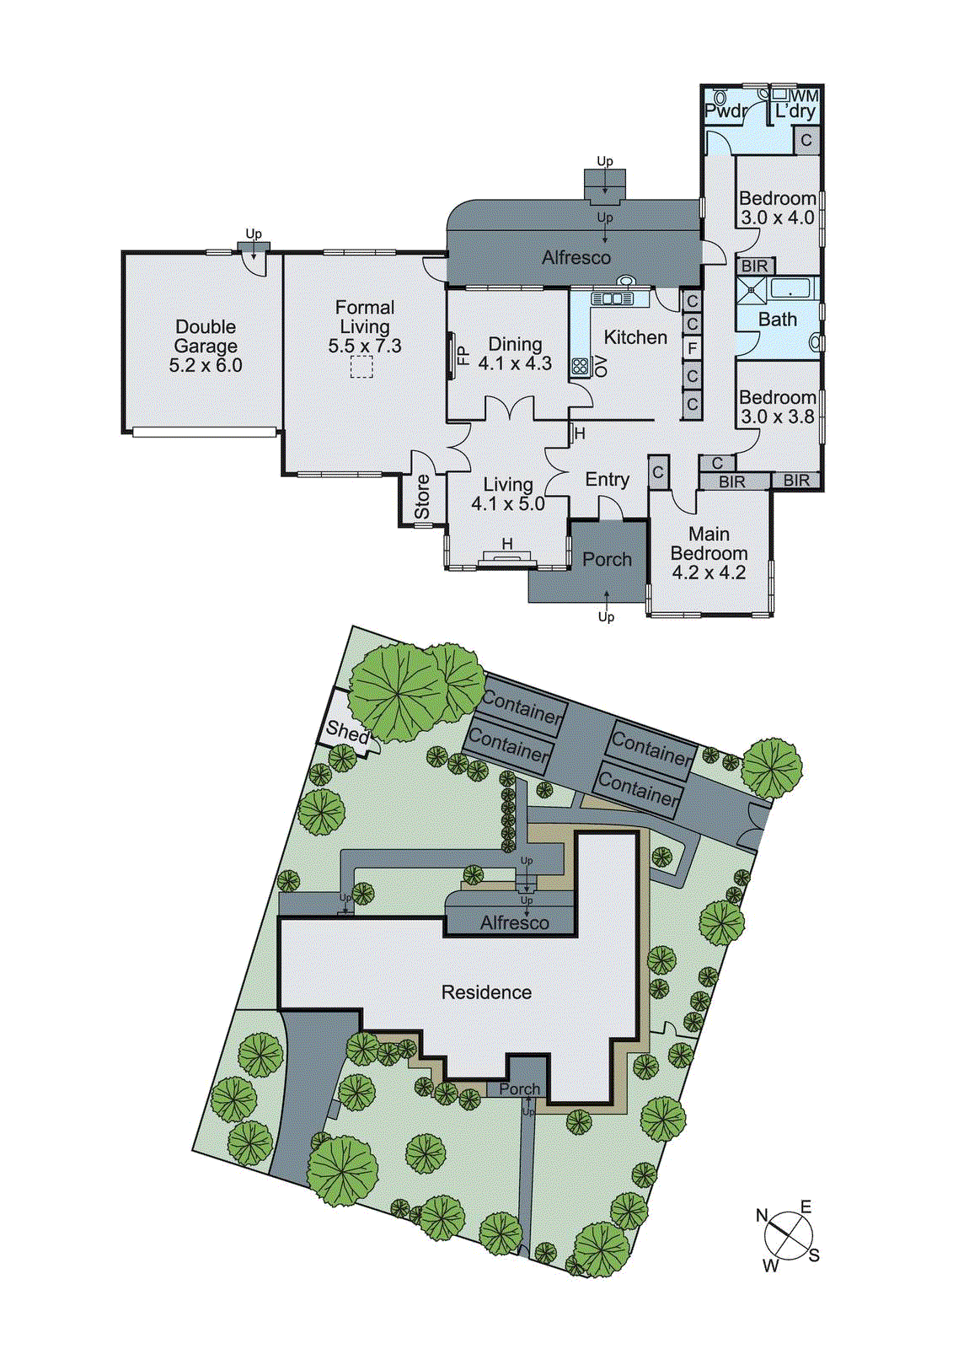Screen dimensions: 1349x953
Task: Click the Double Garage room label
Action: tap(206, 336)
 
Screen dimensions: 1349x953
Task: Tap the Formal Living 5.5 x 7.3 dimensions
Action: tap(365, 347)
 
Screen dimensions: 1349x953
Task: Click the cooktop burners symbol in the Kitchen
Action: tap(581, 367)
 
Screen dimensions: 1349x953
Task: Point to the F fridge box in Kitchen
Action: tap(692, 348)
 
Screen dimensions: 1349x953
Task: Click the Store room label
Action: tap(422, 497)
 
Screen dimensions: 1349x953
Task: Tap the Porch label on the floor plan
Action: tap(607, 560)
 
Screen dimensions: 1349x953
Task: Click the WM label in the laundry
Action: tap(805, 96)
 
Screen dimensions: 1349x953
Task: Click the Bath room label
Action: tap(777, 320)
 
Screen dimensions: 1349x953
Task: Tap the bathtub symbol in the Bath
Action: tap(790, 289)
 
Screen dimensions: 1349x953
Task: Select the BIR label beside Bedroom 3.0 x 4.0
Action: tap(754, 266)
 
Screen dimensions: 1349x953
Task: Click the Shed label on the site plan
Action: tap(347, 732)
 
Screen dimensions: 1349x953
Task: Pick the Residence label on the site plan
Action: tap(486, 993)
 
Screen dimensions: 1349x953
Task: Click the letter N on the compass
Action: tap(762, 1216)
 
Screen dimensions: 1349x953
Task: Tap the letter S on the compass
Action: tap(814, 1256)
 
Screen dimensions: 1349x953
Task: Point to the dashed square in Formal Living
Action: tap(361, 368)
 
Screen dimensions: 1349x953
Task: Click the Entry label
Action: tap(607, 480)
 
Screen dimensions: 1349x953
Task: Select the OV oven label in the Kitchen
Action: tap(601, 366)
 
